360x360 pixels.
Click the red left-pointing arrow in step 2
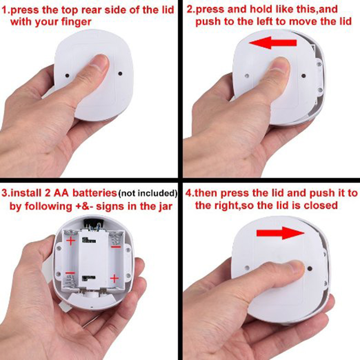pyautogui.click(x=273, y=43)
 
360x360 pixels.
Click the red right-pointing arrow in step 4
pyautogui.click(x=280, y=233)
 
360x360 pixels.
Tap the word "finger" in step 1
pyautogui.click(x=76, y=22)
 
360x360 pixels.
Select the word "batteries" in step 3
pyautogui.click(x=95, y=193)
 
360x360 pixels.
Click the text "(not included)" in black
pyautogui.click(x=148, y=193)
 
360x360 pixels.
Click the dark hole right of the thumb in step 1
pyautogui.click(x=120, y=74)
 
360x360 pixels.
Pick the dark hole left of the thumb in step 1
pyautogui.click(x=67, y=75)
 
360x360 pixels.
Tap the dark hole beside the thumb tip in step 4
pyautogui.click(x=309, y=268)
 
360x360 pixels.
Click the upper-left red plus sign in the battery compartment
pyautogui.click(x=71, y=241)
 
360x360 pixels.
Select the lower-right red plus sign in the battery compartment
pyautogui.click(x=114, y=279)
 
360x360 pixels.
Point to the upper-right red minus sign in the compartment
pyautogui.click(x=116, y=247)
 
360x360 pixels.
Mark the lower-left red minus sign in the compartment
pyautogui.click(x=70, y=273)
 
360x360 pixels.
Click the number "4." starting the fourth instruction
pyautogui.click(x=189, y=193)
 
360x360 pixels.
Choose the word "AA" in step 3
pyautogui.click(x=61, y=193)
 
